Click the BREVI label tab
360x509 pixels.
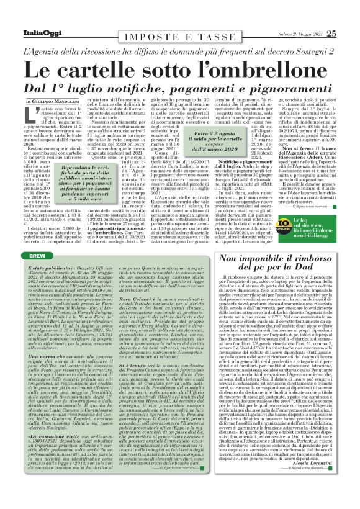pyautogui.click(x=38, y=238)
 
